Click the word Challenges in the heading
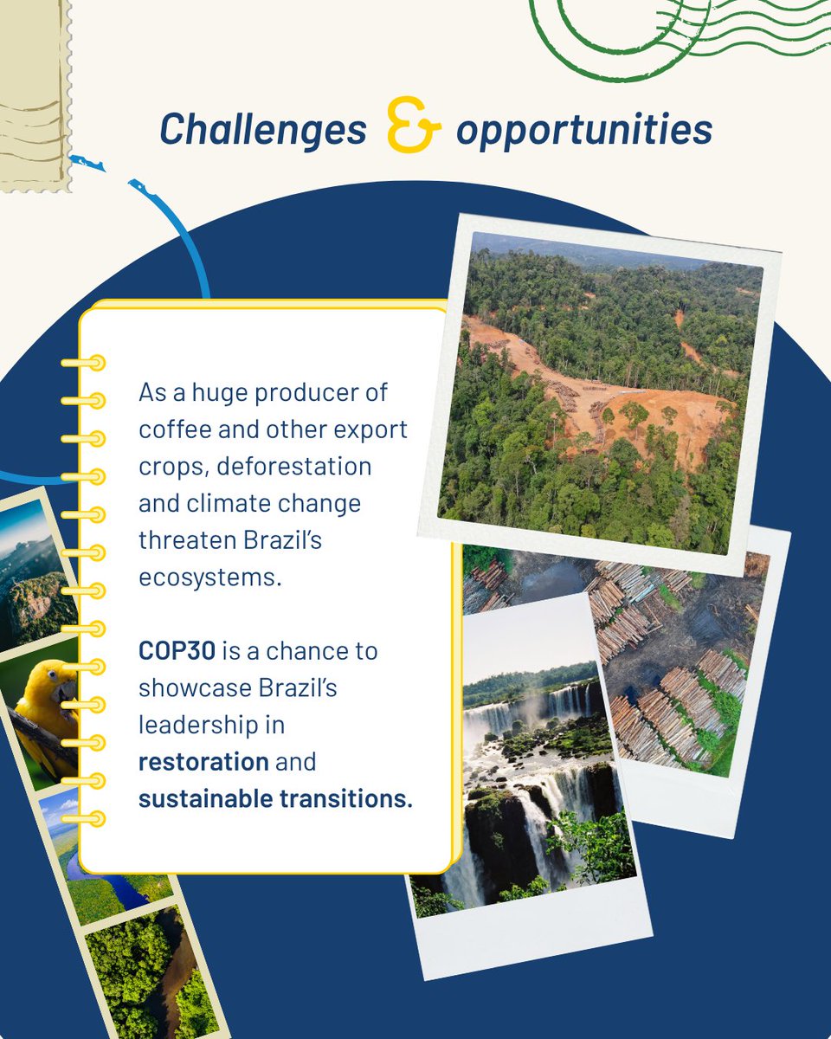click(x=263, y=130)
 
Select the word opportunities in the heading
click(x=583, y=130)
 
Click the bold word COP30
click(x=176, y=650)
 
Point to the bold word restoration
click(x=203, y=761)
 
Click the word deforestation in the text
click(x=293, y=466)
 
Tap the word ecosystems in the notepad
click(x=210, y=578)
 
